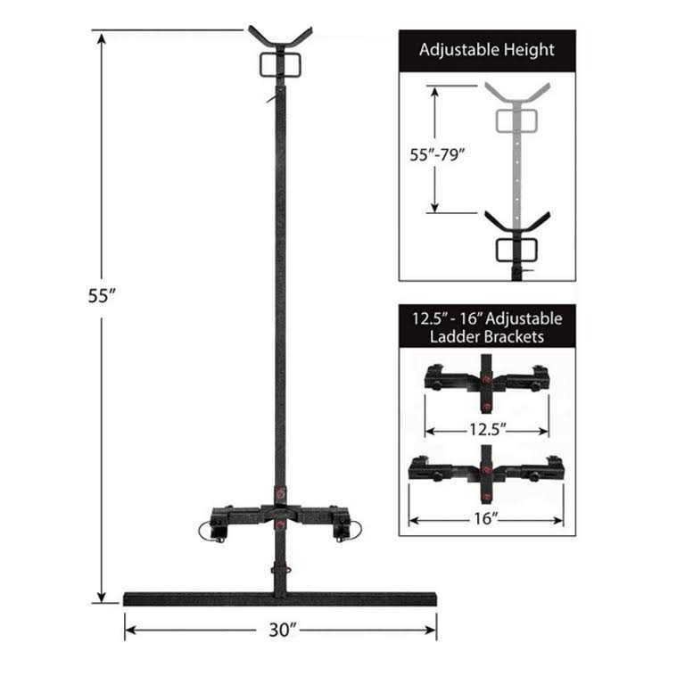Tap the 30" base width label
(x=281, y=631)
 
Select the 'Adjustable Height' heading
(x=487, y=49)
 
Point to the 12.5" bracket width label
(x=487, y=429)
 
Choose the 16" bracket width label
(x=487, y=518)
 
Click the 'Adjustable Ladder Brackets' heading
(x=487, y=327)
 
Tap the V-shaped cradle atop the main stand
(x=280, y=37)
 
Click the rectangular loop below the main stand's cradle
(x=280, y=63)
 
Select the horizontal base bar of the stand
(x=280, y=598)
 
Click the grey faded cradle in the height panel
(x=516, y=92)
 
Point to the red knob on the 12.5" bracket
(x=486, y=378)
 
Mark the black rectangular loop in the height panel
(x=516, y=249)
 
